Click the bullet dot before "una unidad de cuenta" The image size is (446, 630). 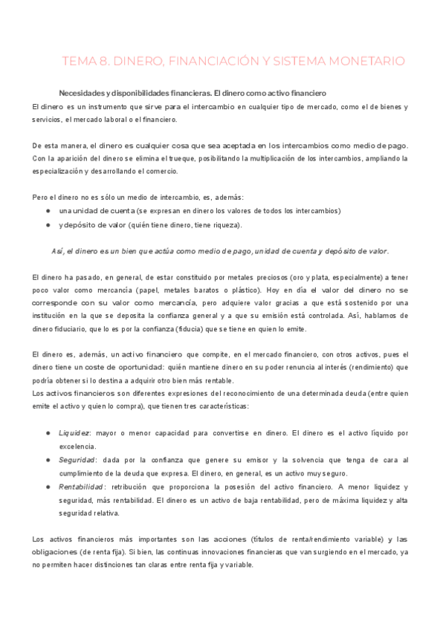(48, 210)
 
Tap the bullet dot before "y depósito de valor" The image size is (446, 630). (48, 224)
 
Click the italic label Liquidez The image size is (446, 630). (74, 432)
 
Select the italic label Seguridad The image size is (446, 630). (77, 460)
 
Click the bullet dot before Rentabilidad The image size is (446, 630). (48, 486)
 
